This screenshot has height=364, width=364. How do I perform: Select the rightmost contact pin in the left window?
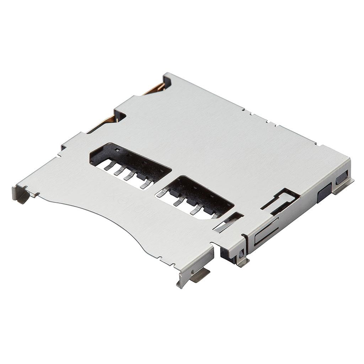(146, 183)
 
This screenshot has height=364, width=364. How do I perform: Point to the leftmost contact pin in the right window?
(162, 193)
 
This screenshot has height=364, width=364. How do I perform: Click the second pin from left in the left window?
(119, 170)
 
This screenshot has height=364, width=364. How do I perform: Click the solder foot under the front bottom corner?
(199, 275)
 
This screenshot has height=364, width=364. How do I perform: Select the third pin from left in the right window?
(196, 209)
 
